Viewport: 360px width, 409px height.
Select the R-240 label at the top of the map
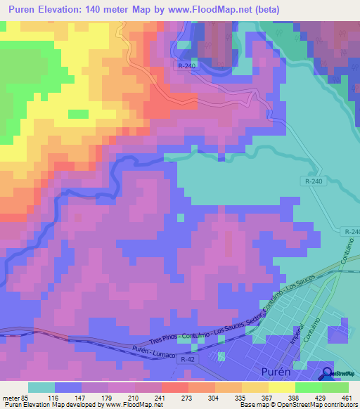click(184, 65)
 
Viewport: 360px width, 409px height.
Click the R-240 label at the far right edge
click(352, 232)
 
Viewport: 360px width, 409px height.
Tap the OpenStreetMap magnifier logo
click(328, 374)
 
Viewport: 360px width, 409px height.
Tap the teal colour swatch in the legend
click(41, 387)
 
